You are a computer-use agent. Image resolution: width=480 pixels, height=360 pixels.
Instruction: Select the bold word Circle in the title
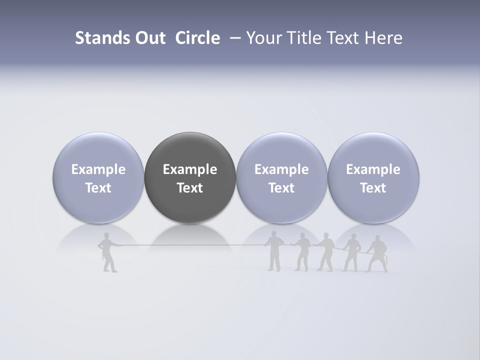coord(197,38)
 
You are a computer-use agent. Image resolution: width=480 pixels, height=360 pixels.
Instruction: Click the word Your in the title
coord(262,38)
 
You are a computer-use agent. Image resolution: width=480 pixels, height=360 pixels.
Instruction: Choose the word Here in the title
coord(384,38)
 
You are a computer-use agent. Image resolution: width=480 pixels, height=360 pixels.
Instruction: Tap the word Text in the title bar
coord(343,38)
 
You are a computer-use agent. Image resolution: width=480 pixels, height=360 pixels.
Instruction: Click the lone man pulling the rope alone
coord(108,252)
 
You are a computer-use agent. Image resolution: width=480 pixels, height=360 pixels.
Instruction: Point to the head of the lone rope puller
coord(106,236)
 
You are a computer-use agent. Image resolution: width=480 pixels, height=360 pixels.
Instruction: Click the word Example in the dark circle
coord(190,169)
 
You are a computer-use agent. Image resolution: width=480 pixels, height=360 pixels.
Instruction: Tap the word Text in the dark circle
coord(190,188)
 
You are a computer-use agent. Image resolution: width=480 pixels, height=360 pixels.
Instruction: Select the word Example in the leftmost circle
coord(98,169)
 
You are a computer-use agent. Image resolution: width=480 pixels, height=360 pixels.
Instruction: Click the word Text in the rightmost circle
coord(373,188)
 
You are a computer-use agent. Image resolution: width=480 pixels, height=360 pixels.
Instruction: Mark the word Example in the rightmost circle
coord(373,169)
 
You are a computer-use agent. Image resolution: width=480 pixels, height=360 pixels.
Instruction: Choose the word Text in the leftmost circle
coord(98,188)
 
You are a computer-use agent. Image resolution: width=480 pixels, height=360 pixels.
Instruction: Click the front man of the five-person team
coord(274,251)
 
